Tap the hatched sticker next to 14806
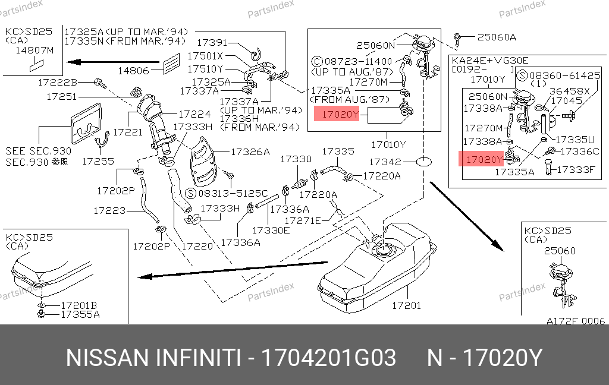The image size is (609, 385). tap(171, 62)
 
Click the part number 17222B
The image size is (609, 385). tap(58, 82)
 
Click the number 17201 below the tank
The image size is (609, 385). tap(406, 305)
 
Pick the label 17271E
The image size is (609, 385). tap(302, 221)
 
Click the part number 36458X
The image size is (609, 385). tap(569, 91)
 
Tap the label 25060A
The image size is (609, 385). tap(496, 37)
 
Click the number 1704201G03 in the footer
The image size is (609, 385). tap(329, 358)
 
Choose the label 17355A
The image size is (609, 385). tap(80, 314)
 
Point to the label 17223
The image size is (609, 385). tap(109, 210)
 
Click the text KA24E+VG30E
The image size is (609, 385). tap(490, 61)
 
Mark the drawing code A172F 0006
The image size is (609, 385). tap(575, 321)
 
